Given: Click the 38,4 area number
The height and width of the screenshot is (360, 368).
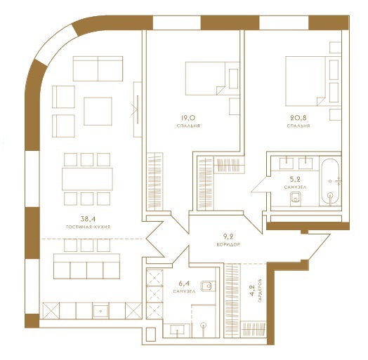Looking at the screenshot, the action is [88, 219].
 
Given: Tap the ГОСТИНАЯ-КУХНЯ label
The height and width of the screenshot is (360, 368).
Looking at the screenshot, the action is [88, 227].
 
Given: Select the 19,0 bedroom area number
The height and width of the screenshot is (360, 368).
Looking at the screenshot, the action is [188, 117].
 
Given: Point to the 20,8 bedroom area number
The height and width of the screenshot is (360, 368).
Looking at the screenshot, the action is [298, 117].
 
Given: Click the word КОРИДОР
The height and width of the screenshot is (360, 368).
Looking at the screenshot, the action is [228, 244].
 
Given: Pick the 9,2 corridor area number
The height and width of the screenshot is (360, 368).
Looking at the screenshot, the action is [228, 236].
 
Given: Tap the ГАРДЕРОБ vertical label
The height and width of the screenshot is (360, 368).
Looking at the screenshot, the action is [260, 291].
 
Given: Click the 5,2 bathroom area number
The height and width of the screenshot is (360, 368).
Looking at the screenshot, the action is [295, 180].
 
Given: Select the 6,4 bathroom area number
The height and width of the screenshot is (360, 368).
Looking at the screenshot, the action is [184, 284].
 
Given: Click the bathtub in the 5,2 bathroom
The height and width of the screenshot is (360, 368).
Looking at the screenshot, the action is [330, 181].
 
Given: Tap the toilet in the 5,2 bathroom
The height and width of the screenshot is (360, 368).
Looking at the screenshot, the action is [296, 199].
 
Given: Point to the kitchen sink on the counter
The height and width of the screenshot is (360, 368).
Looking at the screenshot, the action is [100, 311].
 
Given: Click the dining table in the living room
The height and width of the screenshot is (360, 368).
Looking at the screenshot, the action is [87, 179].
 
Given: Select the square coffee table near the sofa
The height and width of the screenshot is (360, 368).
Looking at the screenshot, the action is [98, 112].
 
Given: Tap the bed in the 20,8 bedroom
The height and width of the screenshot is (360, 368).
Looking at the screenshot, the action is [305, 81].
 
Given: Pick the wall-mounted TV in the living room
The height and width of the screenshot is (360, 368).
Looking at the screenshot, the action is [138, 109].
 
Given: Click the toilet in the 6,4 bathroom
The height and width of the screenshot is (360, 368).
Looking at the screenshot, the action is [207, 286].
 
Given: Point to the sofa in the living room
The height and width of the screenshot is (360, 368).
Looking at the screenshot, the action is [98, 69].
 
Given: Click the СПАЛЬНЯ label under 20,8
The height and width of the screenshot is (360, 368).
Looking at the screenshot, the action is [298, 126].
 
